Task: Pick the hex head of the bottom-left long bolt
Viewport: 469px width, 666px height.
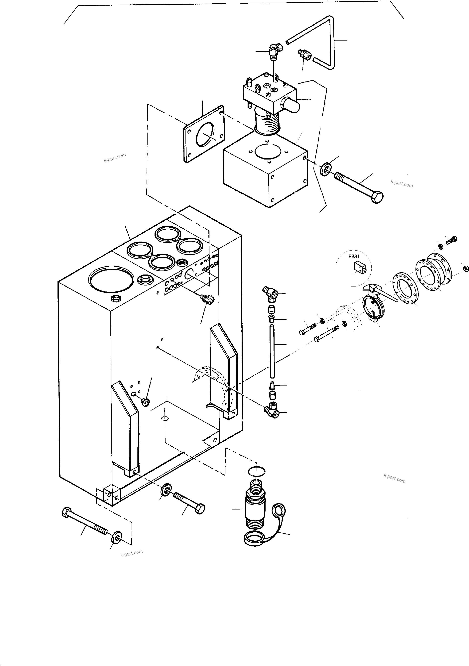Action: (66, 512)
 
